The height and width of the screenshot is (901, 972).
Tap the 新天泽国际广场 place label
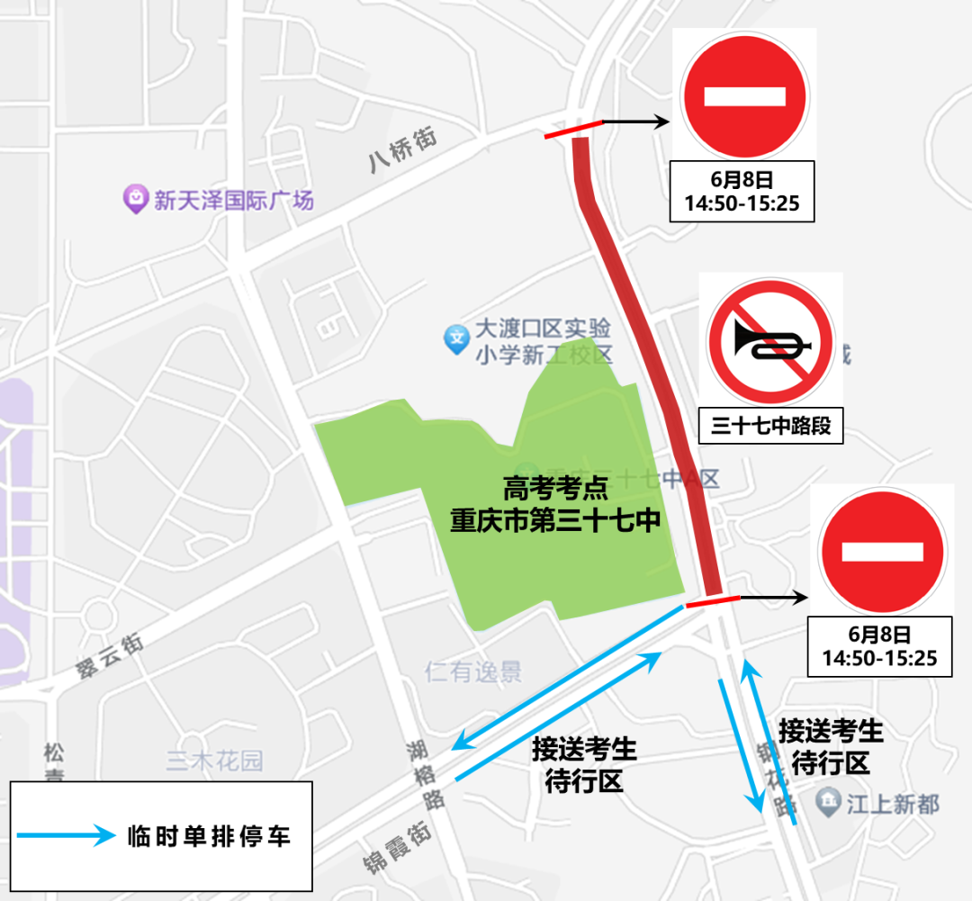(233, 200)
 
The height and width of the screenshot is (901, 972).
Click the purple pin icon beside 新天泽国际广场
(135, 198)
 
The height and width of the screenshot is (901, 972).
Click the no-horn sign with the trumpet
(771, 340)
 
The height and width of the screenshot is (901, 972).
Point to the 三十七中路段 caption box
(770, 427)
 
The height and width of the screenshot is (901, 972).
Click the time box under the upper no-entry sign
(742, 192)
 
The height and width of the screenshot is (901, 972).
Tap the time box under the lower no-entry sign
(879, 646)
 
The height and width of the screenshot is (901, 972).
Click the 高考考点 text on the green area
(555, 490)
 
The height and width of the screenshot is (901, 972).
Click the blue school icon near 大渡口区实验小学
(457, 339)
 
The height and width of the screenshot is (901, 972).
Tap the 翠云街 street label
(109, 658)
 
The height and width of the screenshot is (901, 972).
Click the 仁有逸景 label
(472, 671)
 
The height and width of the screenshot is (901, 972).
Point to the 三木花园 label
(215, 761)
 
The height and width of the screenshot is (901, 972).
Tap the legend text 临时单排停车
(209, 835)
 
